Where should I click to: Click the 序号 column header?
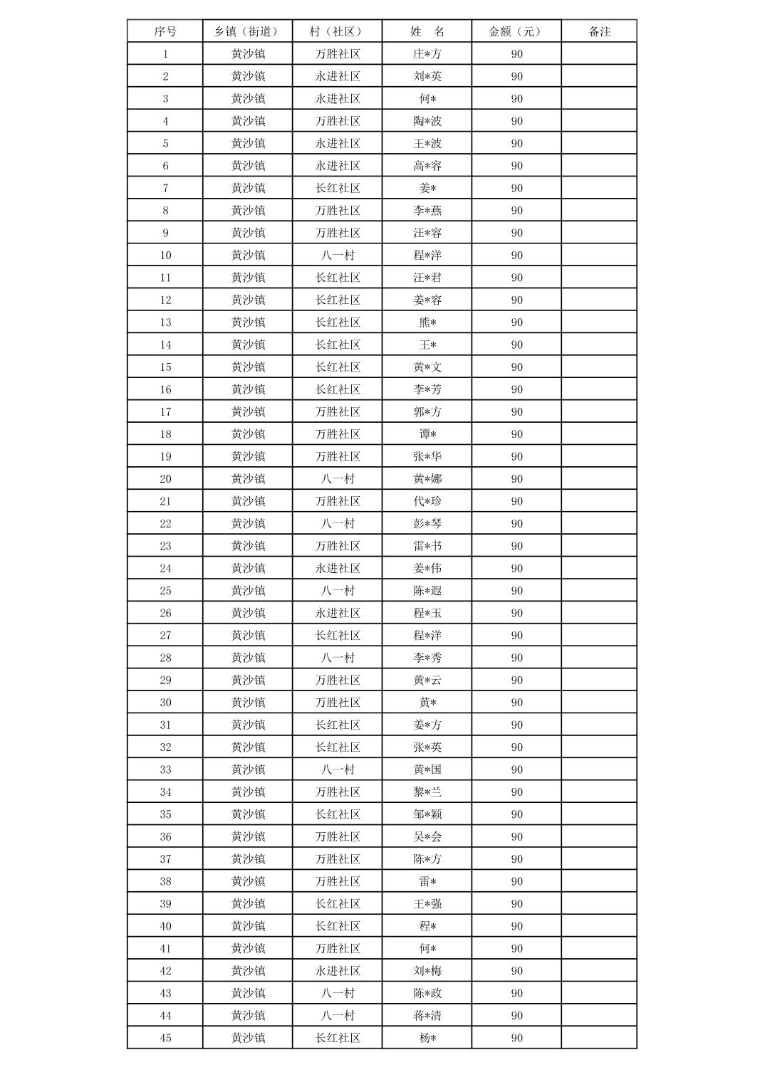(x=165, y=31)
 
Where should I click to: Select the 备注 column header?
(x=599, y=31)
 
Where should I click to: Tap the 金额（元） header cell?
(x=516, y=31)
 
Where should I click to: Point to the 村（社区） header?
(x=337, y=31)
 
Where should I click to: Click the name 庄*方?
(x=427, y=54)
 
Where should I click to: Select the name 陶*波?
(x=427, y=121)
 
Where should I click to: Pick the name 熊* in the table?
(x=427, y=322)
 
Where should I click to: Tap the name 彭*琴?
(x=427, y=524)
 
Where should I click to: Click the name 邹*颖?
(x=427, y=814)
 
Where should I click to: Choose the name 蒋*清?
(x=427, y=1016)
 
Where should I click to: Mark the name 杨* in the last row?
(x=427, y=1038)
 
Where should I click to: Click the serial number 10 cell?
(x=165, y=256)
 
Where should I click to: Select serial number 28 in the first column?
(x=165, y=658)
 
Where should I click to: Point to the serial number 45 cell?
(x=165, y=1038)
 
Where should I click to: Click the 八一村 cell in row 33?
(x=338, y=770)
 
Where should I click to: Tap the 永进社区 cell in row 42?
(x=338, y=971)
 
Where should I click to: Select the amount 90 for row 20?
(x=516, y=479)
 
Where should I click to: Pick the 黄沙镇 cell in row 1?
(x=248, y=54)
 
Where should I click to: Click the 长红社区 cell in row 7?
(x=338, y=188)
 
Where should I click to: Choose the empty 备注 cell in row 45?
(x=599, y=1038)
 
